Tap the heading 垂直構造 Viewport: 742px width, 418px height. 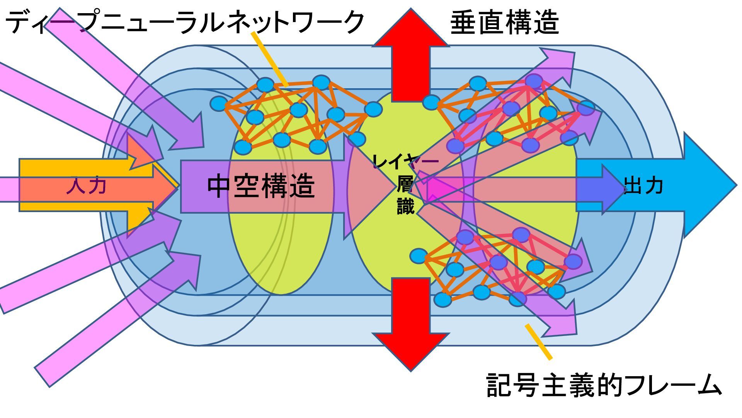(x=504, y=22)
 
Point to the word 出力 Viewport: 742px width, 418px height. (x=643, y=186)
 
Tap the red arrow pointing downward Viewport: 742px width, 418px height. (x=410, y=325)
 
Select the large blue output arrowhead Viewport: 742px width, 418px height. (x=707, y=185)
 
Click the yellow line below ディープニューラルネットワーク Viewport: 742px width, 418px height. (x=269, y=58)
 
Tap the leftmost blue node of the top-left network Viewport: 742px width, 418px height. (x=219, y=104)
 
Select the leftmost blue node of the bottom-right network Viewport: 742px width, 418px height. (x=419, y=256)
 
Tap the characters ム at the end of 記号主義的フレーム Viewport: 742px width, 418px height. (x=708, y=385)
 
